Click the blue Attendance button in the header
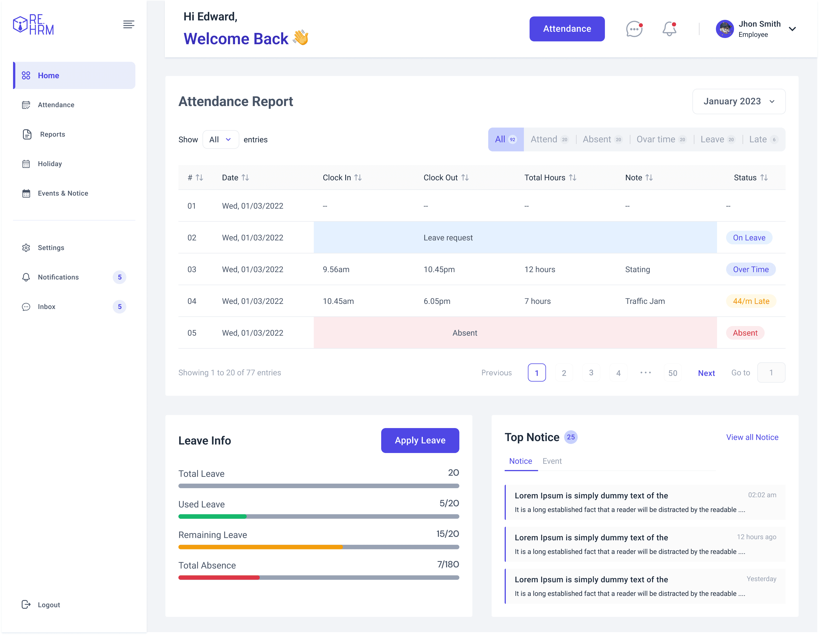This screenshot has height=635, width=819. pyautogui.click(x=567, y=29)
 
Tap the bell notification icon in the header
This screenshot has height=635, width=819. pyautogui.click(x=669, y=29)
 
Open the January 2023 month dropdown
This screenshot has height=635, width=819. pyautogui.click(x=739, y=101)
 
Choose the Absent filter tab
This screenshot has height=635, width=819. pyautogui.click(x=602, y=139)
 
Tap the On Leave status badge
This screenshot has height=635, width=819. pyautogui.click(x=749, y=238)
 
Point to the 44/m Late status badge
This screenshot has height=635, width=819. pyautogui.click(x=751, y=301)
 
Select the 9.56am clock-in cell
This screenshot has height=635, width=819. pyautogui.click(x=336, y=270)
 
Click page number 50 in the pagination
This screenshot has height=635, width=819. pyautogui.click(x=673, y=373)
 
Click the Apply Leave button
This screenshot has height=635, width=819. pyautogui.click(x=420, y=440)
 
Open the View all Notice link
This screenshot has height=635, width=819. pyautogui.click(x=752, y=437)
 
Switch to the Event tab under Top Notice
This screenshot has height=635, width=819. pyautogui.click(x=552, y=461)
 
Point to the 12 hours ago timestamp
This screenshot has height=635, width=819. pyautogui.click(x=756, y=537)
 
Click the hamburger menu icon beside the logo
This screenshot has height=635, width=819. pyautogui.click(x=129, y=24)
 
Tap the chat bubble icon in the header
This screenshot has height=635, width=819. pyautogui.click(x=634, y=29)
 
